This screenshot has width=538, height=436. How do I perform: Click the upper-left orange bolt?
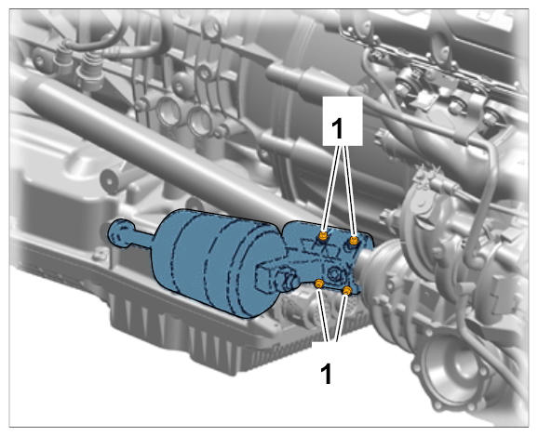(x=323, y=236)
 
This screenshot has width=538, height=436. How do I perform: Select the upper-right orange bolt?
(x=354, y=240)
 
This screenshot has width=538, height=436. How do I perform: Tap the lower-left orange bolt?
(x=319, y=284)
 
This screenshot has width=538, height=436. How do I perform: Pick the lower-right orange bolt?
(x=347, y=291)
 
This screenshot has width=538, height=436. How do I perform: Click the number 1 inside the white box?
(x=337, y=128)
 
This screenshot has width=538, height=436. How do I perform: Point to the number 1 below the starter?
(x=327, y=374)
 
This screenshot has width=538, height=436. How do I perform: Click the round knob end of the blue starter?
(x=121, y=232)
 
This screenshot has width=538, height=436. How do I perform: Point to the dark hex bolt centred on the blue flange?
(x=334, y=273)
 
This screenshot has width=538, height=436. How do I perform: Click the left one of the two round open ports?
(x=168, y=111)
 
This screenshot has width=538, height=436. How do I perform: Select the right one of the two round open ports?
(x=200, y=120)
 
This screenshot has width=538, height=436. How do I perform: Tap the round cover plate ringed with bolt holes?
(x=452, y=371)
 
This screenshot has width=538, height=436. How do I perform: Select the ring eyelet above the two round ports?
(x=205, y=73)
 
